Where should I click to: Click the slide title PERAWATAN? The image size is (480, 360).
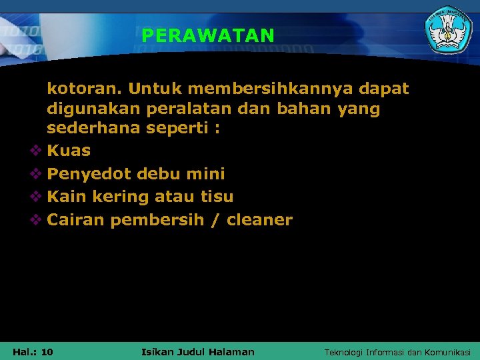(x=207, y=35)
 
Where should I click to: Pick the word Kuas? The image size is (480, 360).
(x=69, y=151)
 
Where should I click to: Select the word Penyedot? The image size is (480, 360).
(x=89, y=175)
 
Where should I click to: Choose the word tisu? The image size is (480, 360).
(x=217, y=197)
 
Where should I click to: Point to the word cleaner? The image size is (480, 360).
(x=259, y=220)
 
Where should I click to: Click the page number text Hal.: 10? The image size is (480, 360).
(x=33, y=351)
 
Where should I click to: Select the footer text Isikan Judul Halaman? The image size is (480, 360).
(x=198, y=351)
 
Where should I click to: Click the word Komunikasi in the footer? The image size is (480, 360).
(x=447, y=352)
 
